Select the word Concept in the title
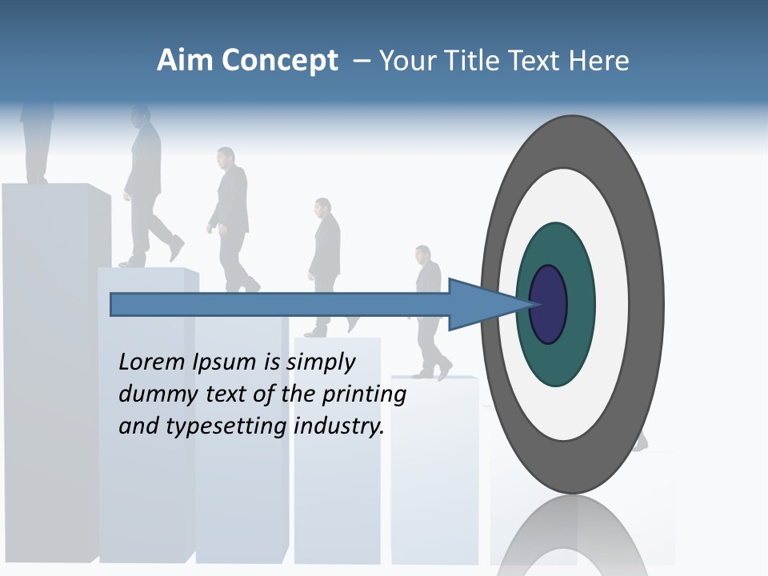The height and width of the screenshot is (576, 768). [x=278, y=61]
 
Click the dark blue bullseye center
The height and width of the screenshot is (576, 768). [x=548, y=305]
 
